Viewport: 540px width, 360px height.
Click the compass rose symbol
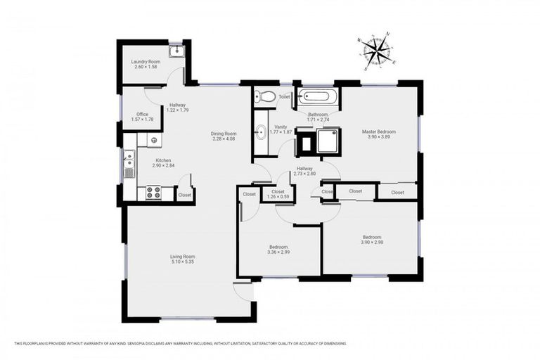point(377,51)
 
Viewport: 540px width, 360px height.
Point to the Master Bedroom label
point(378,131)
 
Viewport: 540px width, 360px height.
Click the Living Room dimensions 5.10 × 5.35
point(181,262)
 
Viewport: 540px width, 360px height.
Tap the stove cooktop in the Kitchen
point(153,192)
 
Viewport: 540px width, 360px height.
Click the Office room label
point(142,114)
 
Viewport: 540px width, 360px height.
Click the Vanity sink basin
point(260,130)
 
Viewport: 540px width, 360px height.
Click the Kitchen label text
point(164,160)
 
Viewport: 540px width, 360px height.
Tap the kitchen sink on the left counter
point(129,165)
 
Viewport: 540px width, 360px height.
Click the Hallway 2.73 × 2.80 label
point(304,173)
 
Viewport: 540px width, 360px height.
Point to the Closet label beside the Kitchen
point(184,195)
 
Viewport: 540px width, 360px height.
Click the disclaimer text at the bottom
point(180,343)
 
